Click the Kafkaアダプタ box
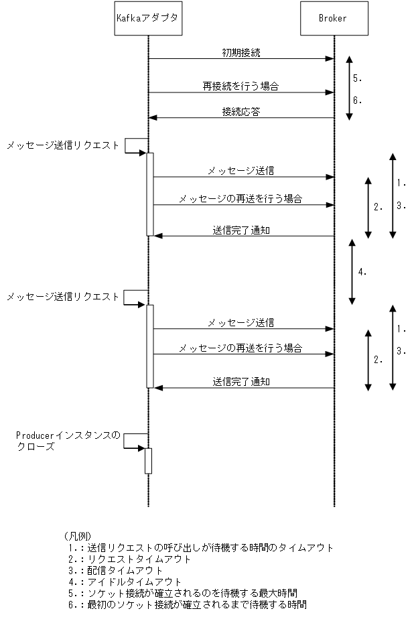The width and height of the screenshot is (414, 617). coord(148,19)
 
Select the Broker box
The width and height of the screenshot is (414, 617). coord(334,19)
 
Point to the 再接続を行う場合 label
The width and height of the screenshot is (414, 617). coord(240,86)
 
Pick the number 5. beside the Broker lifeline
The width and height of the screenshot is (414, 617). coord(358,78)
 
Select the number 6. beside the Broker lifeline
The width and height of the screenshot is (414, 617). coord(358,100)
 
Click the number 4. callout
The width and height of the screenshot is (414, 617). coord(362,272)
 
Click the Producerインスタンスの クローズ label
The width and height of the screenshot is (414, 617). coord(67,441)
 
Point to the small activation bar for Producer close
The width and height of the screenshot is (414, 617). coord(148,461)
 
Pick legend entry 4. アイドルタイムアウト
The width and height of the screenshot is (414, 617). coord(124,581)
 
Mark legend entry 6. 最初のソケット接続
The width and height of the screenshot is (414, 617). coord(187,604)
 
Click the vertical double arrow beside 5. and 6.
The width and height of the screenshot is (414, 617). coord(349,88)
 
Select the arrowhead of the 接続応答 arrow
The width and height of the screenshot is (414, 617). coord(153,118)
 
